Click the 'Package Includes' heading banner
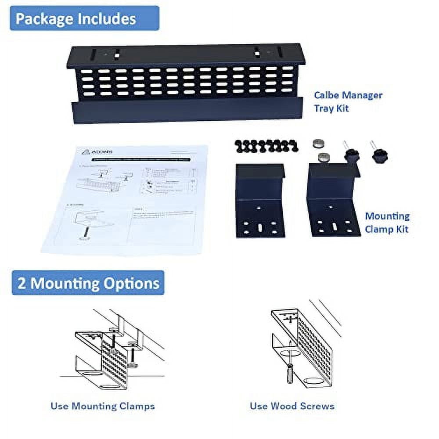point(84,18)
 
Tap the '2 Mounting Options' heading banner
point(88,283)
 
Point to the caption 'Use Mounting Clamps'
point(102,406)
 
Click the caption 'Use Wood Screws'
point(292,406)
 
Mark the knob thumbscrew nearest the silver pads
point(351,154)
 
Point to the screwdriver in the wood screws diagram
point(290,373)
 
